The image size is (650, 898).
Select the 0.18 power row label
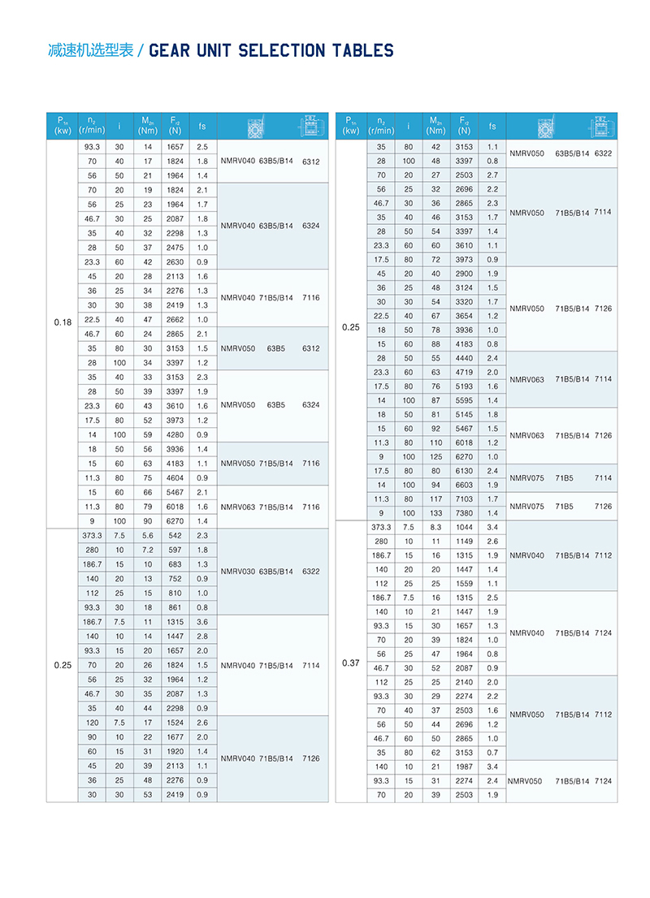pos(63,323)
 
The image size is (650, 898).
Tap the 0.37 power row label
pos(351,663)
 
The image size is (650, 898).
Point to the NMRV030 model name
pos(237,572)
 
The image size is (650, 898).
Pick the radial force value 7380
pos(463,513)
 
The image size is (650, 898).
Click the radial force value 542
pos(175,536)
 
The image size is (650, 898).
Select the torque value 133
pos(436,513)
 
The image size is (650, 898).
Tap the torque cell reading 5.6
pos(148,536)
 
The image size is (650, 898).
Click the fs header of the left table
pos(202,127)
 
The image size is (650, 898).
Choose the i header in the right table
pos(408,127)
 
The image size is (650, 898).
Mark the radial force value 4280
pos(175,435)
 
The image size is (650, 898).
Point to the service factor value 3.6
pos(202,622)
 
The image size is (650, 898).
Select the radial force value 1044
pos(463,528)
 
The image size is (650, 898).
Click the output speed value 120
pos(92,723)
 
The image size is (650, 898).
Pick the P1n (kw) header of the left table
pos(63,127)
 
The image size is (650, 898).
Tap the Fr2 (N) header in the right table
pos(463,127)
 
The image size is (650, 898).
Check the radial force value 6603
pos(463,485)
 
